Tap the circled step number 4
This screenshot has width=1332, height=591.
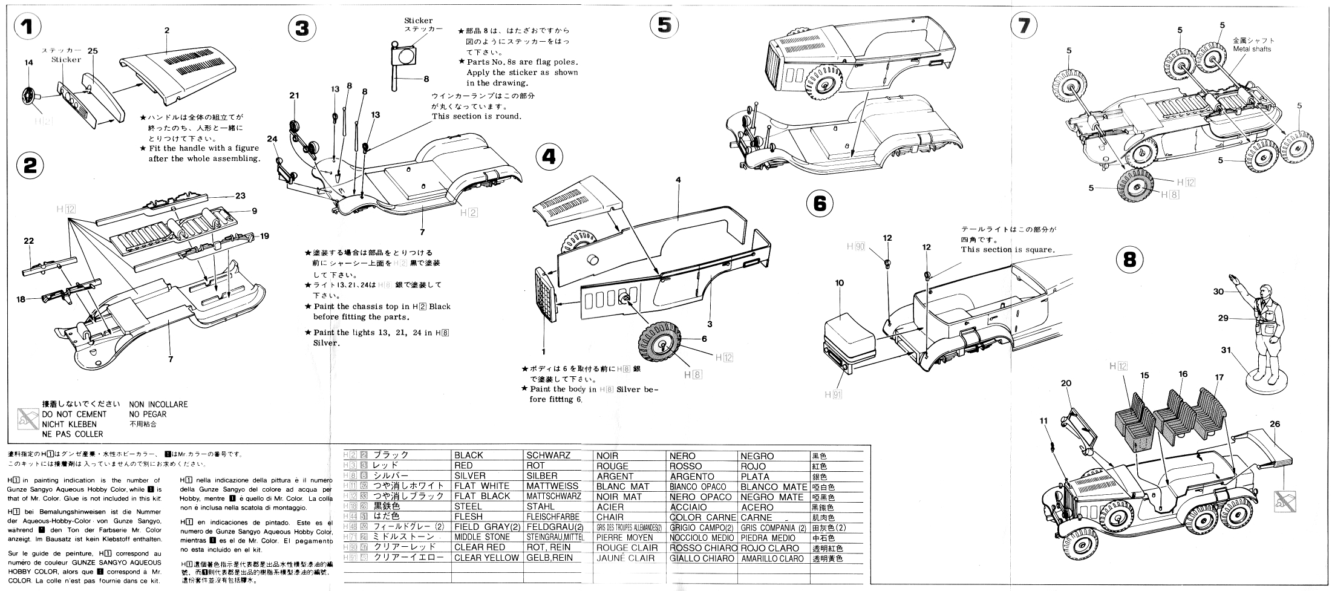pyautogui.click(x=549, y=157)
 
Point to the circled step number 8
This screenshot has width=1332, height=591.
pyautogui.click(x=1129, y=260)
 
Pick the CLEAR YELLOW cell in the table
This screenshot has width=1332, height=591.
pyautogui.click(x=486, y=558)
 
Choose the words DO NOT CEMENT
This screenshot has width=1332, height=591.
pyautogui.click(x=74, y=414)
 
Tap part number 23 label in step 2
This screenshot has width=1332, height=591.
pyautogui.click(x=240, y=195)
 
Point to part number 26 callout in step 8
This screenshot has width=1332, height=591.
pyautogui.click(x=1275, y=425)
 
